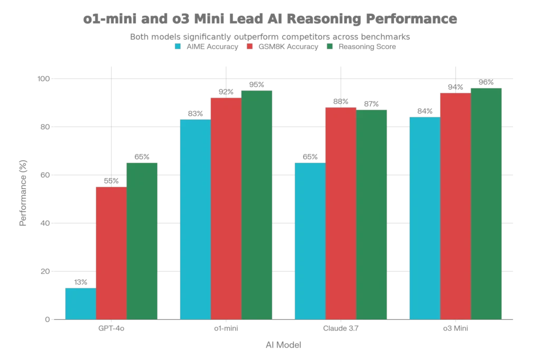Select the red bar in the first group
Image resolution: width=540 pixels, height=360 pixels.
pos(111,253)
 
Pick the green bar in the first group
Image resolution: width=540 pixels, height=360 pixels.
pos(142,240)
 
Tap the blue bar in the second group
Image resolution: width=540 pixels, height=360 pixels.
pos(195,219)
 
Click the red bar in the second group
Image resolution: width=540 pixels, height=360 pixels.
pos(226,208)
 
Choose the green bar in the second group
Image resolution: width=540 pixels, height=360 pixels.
pos(257,205)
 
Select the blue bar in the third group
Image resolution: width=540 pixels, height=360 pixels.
pos(310,240)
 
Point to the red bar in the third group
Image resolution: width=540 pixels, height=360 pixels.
pos(341,213)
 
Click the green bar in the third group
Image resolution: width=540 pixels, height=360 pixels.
pos(371,214)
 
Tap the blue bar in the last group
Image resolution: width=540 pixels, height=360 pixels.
pos(425,217)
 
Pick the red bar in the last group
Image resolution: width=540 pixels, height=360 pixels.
pos(455,206)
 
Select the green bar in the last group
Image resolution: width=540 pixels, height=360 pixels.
pos(486,203)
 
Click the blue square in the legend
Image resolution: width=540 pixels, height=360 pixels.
pos(178,46)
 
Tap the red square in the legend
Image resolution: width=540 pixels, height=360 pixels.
pos(249,46)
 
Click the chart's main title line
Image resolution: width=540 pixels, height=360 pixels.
pos(269,20)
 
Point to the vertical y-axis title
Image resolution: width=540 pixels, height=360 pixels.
pos(23,192)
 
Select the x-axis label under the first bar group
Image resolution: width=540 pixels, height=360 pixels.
pos(111,329)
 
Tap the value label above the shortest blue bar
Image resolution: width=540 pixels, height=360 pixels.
pos(80,283)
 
